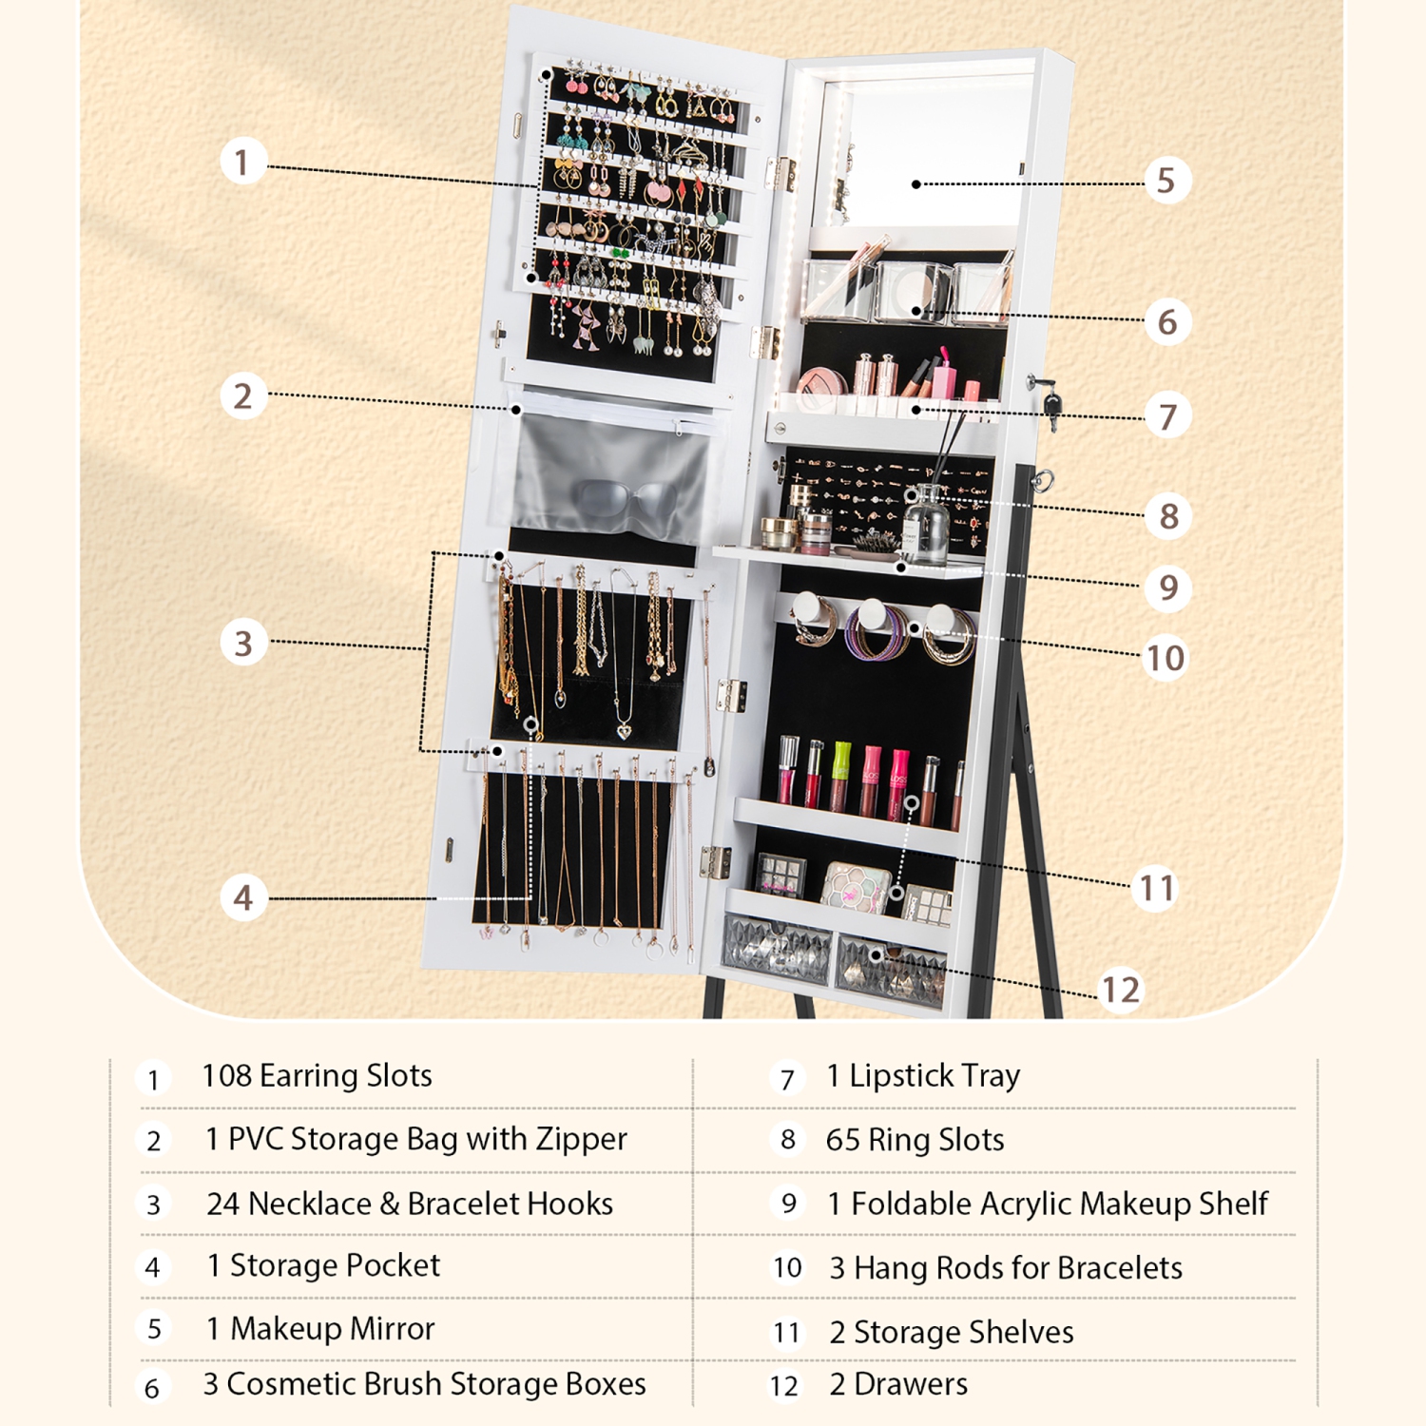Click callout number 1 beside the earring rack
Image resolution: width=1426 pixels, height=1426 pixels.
pyautogui.click(x=242, y=162)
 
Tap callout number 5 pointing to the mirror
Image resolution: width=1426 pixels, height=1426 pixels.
pyautogui.click(x=1166, y=181)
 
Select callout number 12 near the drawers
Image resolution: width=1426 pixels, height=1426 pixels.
pyautogui.click(x=1120, y=990)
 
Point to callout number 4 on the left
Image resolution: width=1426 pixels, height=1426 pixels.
pyautogui.click(x=243, y=897)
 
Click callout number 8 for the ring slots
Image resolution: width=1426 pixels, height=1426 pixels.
pyautogui.click(x=1168, y=516)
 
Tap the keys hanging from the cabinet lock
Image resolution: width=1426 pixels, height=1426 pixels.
pyautogui.click(x=1050, y=405)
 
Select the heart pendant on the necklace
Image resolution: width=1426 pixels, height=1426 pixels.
pyautogui.click(x=624, y=730)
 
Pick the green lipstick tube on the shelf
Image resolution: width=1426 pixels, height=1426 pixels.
pyautogui.click(x=841, y=774)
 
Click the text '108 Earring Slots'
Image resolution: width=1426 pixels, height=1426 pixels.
pyautogui.click(x=317, y=1076)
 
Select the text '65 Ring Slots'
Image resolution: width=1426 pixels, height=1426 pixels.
pyautogui.click(x=915, y=1140)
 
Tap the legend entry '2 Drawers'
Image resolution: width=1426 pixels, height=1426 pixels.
pyautogui.click(x=898, y=1384)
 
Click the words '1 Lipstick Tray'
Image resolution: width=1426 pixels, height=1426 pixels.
pyautogui.click(x=923, y=1076)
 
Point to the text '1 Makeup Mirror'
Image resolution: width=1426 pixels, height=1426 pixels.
pyautogui.click(x=320, y=1328)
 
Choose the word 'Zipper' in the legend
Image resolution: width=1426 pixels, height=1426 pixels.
pyautogui.click(x=581, y=1139)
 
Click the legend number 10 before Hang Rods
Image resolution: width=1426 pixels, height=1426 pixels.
pyautogui.click(x=787, y=1268)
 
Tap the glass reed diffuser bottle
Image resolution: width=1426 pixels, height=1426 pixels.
pyautogui.click(x=925, y=529)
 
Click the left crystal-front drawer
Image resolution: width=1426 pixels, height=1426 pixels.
pyautogui.click(x=777, y=947)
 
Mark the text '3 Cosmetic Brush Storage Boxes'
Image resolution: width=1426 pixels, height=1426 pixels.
pyautogui.click(x=424, y=1384)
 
